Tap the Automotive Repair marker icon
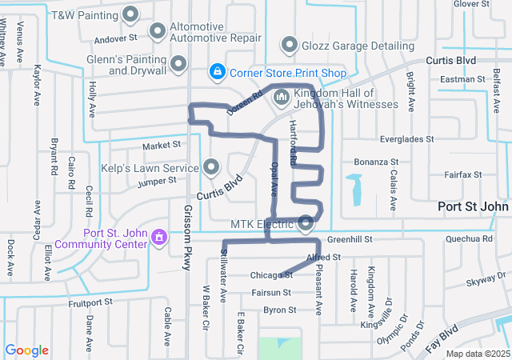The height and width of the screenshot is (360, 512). click(x=158, y=31)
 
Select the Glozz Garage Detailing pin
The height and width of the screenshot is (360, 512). click(x=289, y=44)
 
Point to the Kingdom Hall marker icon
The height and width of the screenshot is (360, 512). click(x=281, y=98)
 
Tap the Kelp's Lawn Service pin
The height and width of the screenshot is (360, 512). click(x=211, y=167)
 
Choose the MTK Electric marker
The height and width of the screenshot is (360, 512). click(x=306, y=223)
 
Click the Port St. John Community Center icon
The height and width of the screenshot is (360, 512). click(x=159, y=237)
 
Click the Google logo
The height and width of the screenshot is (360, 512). click(x=26, y=350)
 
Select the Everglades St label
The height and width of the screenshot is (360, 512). click(x=406, y=138)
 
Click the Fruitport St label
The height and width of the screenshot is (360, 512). click(x=93, y=302)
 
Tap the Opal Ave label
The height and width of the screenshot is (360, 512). click(x=273, y=182)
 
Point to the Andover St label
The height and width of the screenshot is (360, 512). click(x=117, y=38)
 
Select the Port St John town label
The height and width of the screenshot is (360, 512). click(x=473, y=206)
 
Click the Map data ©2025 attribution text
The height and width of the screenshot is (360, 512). click(x=477, y=354)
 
